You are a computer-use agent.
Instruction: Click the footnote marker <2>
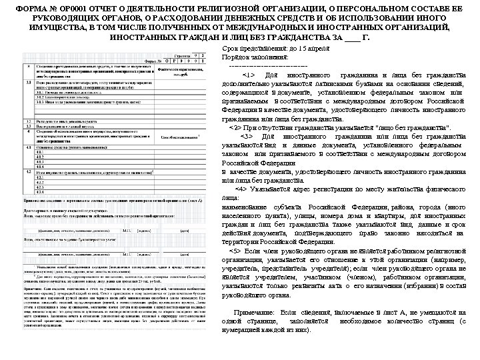point(235,126)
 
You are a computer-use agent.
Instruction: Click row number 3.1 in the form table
point(29,81)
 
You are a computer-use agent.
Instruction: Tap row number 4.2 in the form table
point(29,172)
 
